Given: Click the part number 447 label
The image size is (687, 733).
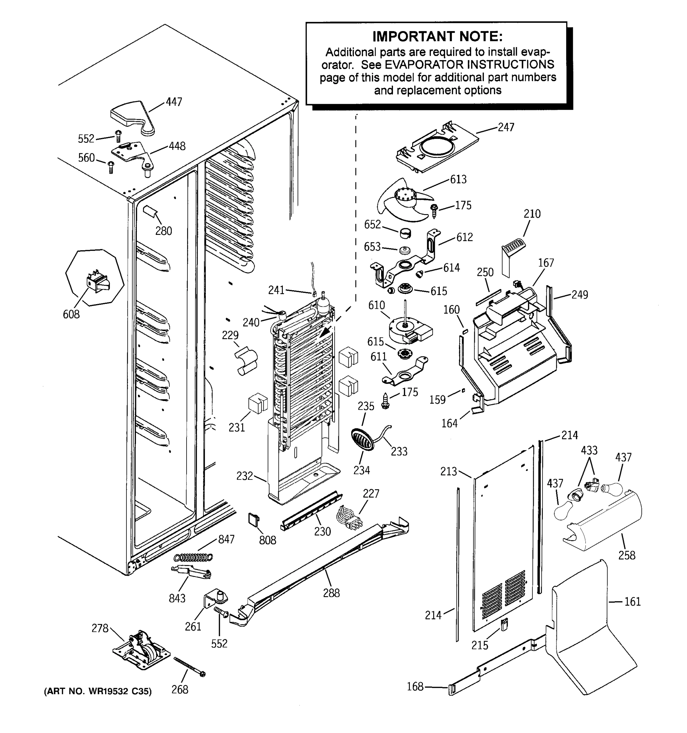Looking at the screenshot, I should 174,102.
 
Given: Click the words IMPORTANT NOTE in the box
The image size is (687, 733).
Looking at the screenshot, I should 437,37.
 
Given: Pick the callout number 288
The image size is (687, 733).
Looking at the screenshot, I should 331,593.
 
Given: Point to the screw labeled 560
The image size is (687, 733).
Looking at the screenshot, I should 110,167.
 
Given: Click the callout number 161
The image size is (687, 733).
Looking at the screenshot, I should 632,602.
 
